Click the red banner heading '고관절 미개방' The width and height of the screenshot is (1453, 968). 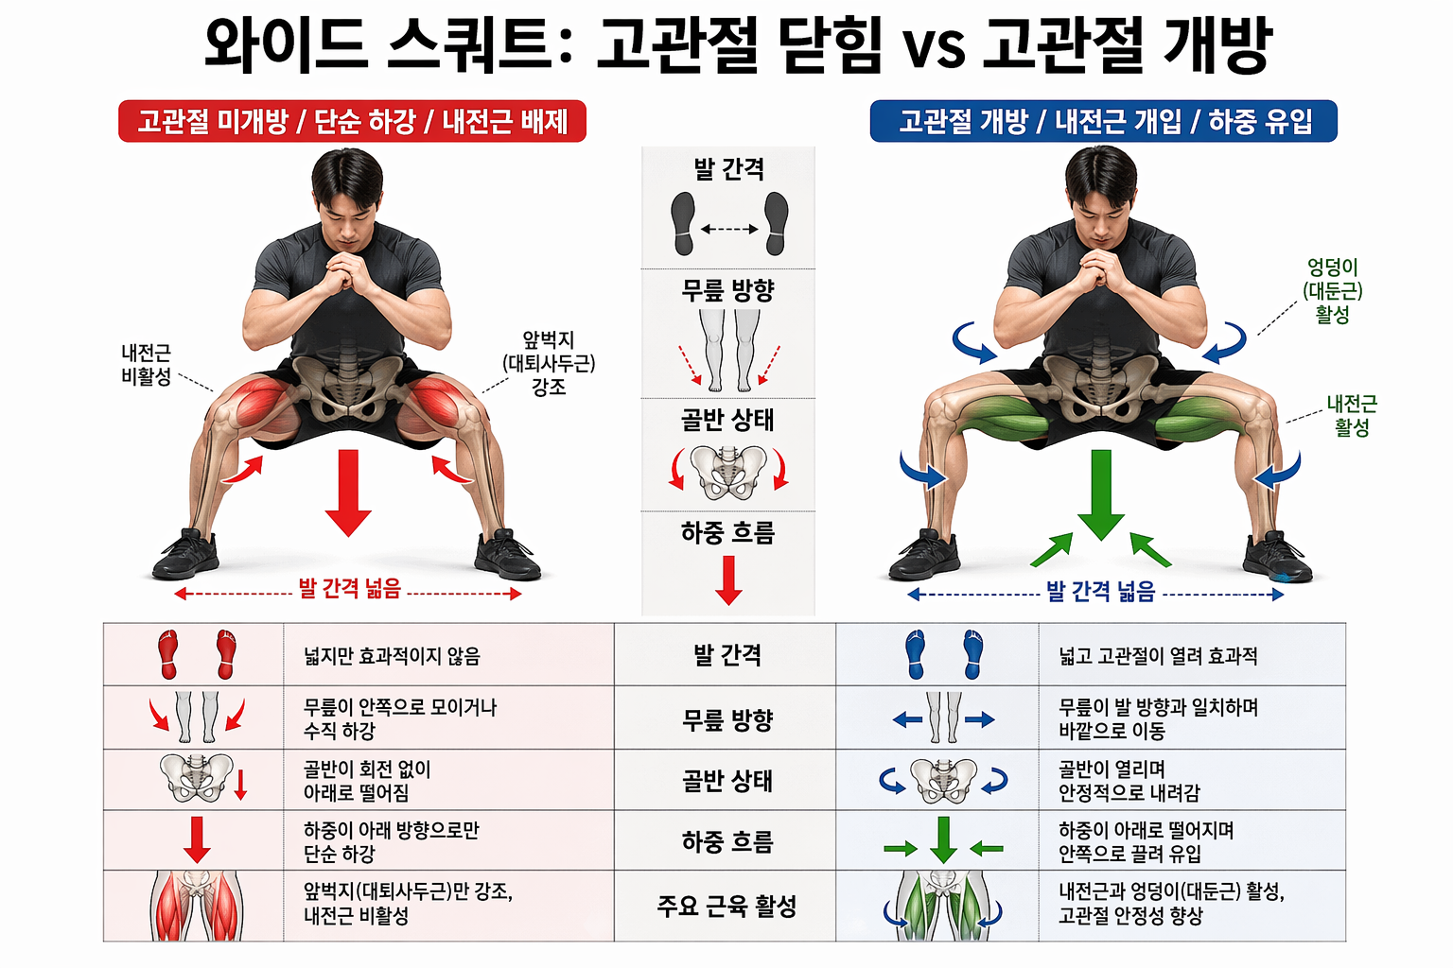(352, 122)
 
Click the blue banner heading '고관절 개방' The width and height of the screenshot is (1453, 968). (1103, 122)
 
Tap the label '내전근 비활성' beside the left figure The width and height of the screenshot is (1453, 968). (147, 365)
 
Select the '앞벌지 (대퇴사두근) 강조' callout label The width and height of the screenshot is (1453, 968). (549, 363)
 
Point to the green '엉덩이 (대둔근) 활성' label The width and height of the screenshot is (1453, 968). (1332, 291)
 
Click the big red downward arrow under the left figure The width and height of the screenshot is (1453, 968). (348, 493)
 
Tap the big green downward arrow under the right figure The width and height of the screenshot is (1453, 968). (1101, 494)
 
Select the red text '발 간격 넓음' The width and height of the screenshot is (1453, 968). (350, 589)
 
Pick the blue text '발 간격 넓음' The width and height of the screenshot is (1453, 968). (1101, 592)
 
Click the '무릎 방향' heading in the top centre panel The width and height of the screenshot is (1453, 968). (728, 290)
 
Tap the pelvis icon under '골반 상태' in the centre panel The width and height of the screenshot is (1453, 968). (728, 472)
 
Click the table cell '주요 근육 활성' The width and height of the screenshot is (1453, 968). (726, 907)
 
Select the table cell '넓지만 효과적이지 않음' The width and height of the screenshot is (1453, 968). (392, 656)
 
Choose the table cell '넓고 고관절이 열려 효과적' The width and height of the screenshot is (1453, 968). (1158, 656)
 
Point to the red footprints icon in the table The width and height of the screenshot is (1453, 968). (197, 654)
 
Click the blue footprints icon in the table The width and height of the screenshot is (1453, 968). (943, 654)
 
